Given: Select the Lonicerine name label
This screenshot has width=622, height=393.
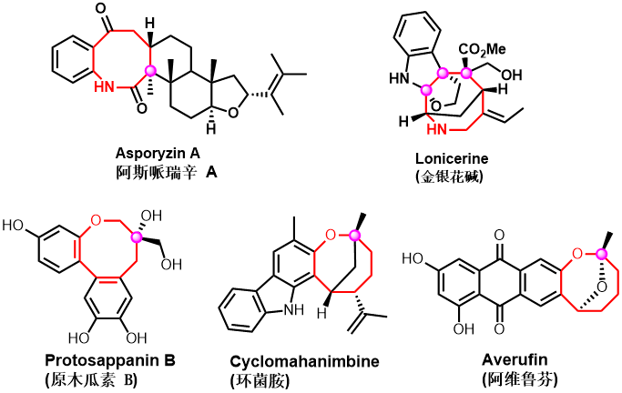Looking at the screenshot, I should tap(450, 158).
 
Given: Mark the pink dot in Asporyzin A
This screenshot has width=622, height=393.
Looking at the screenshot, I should tap(152, 71).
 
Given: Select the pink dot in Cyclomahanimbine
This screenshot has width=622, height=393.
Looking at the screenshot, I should tap(354, 237).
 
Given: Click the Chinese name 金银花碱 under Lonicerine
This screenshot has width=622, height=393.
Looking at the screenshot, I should tap(449, 176).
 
